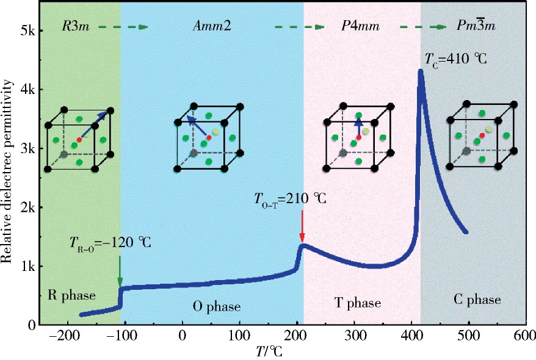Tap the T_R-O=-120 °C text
coord(110,243)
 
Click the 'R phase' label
coord(71,296)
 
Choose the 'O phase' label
coord(217,306)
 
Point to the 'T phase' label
coord(358,303)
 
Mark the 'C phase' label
coord(477,300)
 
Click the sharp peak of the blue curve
coord(421,72)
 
